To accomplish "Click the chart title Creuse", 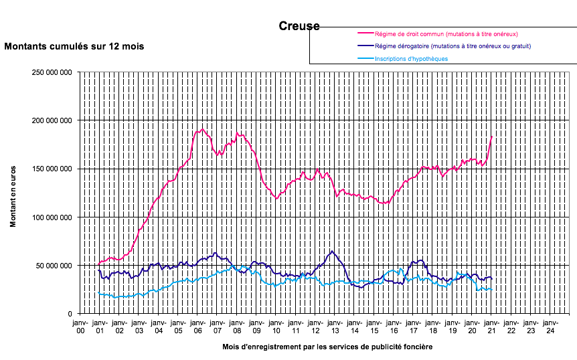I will [299, 27].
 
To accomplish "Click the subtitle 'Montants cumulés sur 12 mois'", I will [74, 47].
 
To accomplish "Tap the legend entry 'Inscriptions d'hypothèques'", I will [411, 59].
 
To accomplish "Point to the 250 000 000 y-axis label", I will [52, 72].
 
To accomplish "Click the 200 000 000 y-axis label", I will [52, 120].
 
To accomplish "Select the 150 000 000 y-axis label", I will [52, 169].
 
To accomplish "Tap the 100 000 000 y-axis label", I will [52, 217].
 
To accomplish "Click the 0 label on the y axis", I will [70, 314].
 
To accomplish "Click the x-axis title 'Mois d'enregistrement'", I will [327, 347].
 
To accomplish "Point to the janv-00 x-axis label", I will [80, 327].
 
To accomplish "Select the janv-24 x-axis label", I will [550, 327].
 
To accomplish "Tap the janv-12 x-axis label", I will [315, 327].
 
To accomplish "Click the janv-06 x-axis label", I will [197, 327].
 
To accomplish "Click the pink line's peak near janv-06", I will [202, 129].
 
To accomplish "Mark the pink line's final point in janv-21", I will [492, 137].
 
